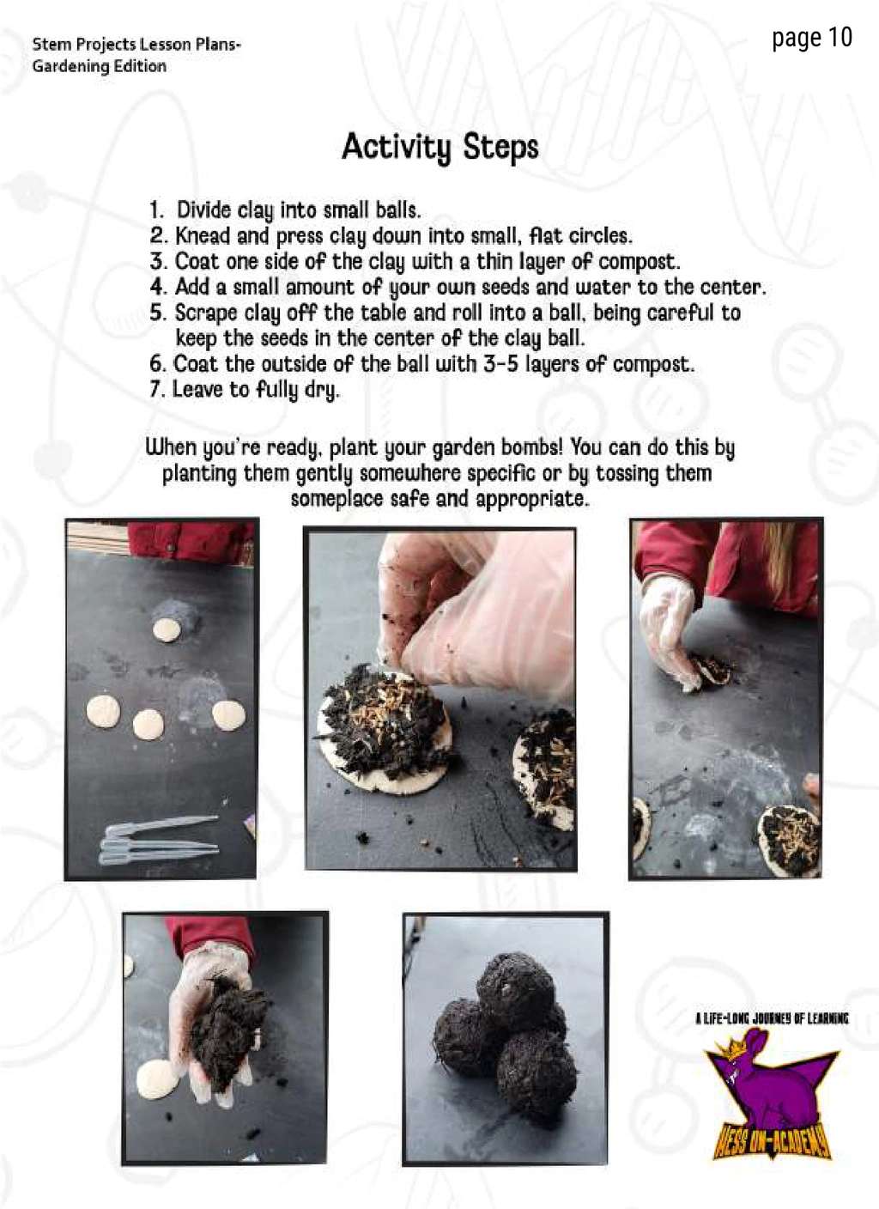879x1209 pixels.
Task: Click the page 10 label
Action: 811,39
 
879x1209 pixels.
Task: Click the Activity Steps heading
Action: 439,147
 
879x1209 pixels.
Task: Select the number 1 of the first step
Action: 155,210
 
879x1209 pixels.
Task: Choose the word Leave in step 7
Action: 197,389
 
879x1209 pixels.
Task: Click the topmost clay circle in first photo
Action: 167,630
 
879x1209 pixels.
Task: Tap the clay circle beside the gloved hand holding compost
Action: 157,1080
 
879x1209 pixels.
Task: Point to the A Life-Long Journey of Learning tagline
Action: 772,1018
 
